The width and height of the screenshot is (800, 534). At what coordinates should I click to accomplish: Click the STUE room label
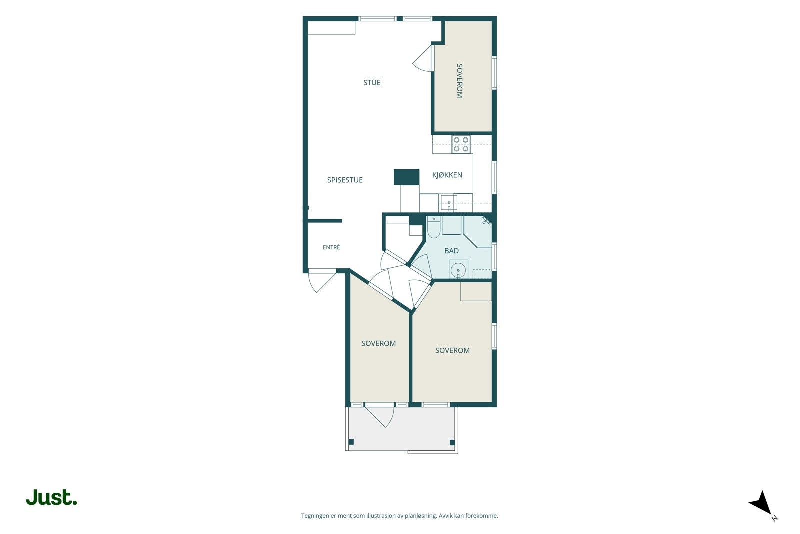(x=372, y=82)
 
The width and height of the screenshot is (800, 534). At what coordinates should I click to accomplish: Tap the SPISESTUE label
(x=345, y=180)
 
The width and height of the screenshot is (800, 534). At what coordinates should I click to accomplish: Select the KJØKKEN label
(x=447, y=175)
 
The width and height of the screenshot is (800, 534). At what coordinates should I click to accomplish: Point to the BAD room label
(x=451, y=251)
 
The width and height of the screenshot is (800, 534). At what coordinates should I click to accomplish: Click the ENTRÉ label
(x=331, y=247)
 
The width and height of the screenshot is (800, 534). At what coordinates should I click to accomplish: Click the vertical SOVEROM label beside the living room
(x=459, y=81)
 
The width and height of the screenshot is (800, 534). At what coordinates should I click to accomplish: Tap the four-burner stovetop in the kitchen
(x=461, y=144)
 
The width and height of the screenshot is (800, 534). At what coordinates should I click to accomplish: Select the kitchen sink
(x=448, y=203)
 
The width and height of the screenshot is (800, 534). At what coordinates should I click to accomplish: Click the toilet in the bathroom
(x=434, y=227)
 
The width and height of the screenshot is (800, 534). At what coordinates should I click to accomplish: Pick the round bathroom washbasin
(x=458, y=269)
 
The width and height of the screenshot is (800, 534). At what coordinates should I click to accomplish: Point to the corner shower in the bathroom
(x=478, y=231)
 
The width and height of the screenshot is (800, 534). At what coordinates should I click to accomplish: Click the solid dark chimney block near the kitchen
(x=407, y=177)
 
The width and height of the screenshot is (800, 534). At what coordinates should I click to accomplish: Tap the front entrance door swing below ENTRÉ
(x=322, y=281)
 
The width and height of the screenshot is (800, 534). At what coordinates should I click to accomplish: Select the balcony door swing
(x=380, y=415)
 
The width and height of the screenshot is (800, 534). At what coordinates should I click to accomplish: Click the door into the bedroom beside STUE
(x=422, y=58)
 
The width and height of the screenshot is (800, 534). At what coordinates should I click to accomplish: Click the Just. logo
(x=52, y=497)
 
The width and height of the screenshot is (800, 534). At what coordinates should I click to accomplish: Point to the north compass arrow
(x=762, y=503)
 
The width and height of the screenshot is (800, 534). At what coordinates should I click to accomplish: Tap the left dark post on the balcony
(x=351, y=442)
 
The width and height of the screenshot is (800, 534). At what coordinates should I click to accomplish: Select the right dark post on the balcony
(x=452, y=442)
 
